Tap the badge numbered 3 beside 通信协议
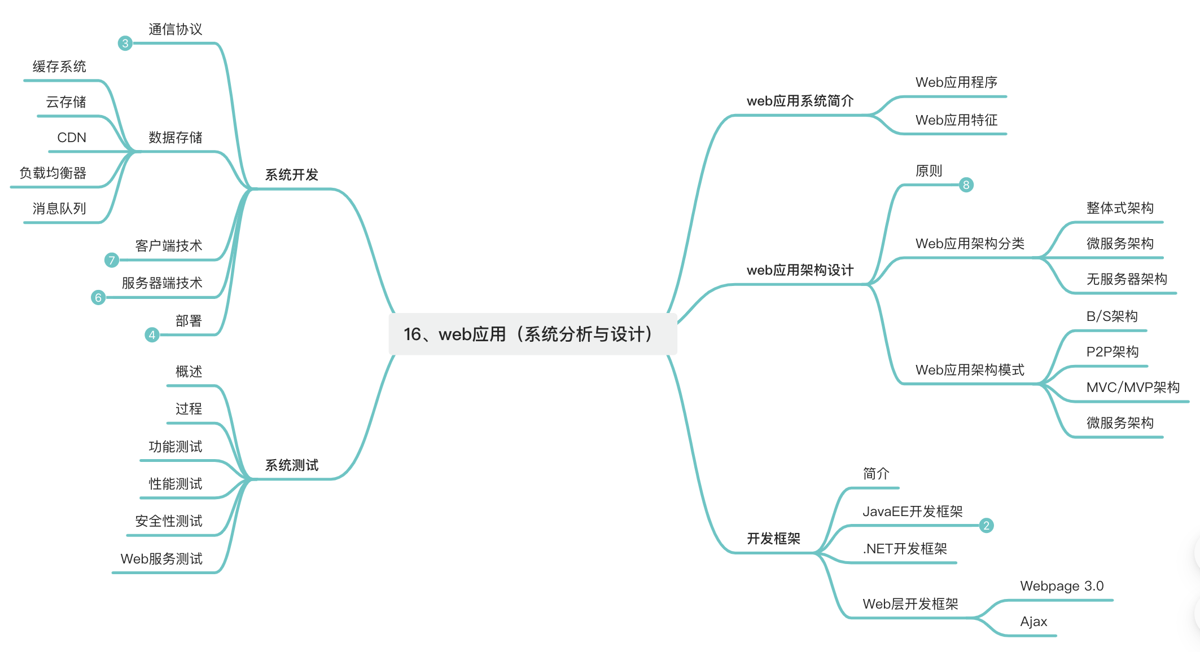[125, 43]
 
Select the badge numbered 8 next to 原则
[966, 185]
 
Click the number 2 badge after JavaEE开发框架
[986, 526]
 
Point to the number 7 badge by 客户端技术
[112, 260]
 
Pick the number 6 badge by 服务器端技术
[98, 297]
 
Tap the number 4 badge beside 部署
[152, 335]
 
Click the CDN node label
[72, 138]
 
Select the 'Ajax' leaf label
[1033, 622]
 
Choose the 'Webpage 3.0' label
[1062, 586]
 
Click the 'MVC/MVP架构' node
[1133, 387]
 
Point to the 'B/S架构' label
[1112, 316]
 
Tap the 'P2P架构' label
[1113, 352]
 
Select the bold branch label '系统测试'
[292, 465]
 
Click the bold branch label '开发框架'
[773, 539]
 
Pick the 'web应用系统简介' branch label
[800, 101]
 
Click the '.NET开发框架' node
[905, 549]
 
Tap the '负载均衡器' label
[53, 173]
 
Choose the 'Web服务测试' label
[161, 559]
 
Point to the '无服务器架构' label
[1127, 279]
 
